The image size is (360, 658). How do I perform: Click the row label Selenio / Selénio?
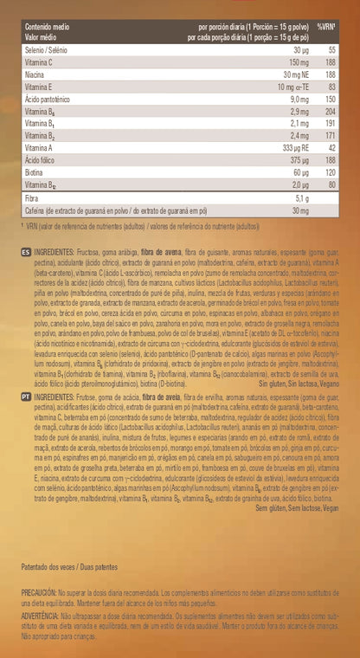coord(47,51)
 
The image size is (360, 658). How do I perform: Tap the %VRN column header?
coord(326,28)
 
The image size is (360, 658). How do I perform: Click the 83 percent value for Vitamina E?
coord(331,87)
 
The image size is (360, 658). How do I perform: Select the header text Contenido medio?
coord(49,28)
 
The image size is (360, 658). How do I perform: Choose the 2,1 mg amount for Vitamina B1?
coord(300,124)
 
